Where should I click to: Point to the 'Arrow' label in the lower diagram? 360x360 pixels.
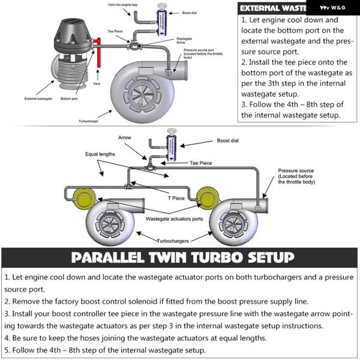[125, 138]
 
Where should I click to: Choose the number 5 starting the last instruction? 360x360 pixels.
[6, 350]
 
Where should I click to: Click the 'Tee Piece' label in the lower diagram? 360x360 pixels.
[202, 163]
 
